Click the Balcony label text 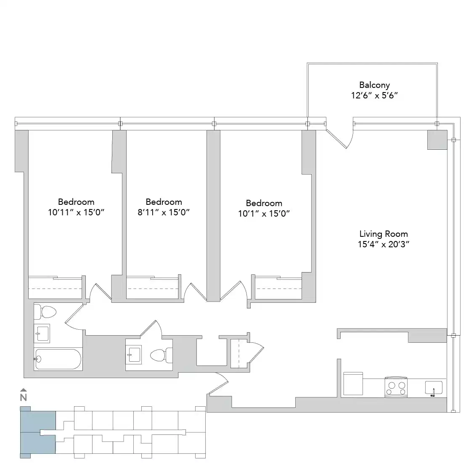pos(374,85)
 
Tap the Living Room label pos(383,234)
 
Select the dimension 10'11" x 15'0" pos(76,212)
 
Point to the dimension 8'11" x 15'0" pos(164,212)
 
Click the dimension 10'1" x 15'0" pos(264,214)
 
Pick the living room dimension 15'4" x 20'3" pos(383,244)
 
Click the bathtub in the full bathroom pos(58,359)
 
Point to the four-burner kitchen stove pos(396,387)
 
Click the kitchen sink pos(433,387)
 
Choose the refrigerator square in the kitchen pos(353,383)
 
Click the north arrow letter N pos(24,397)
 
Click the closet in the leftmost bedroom pos(55,288)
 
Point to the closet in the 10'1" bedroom pos(278,289)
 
